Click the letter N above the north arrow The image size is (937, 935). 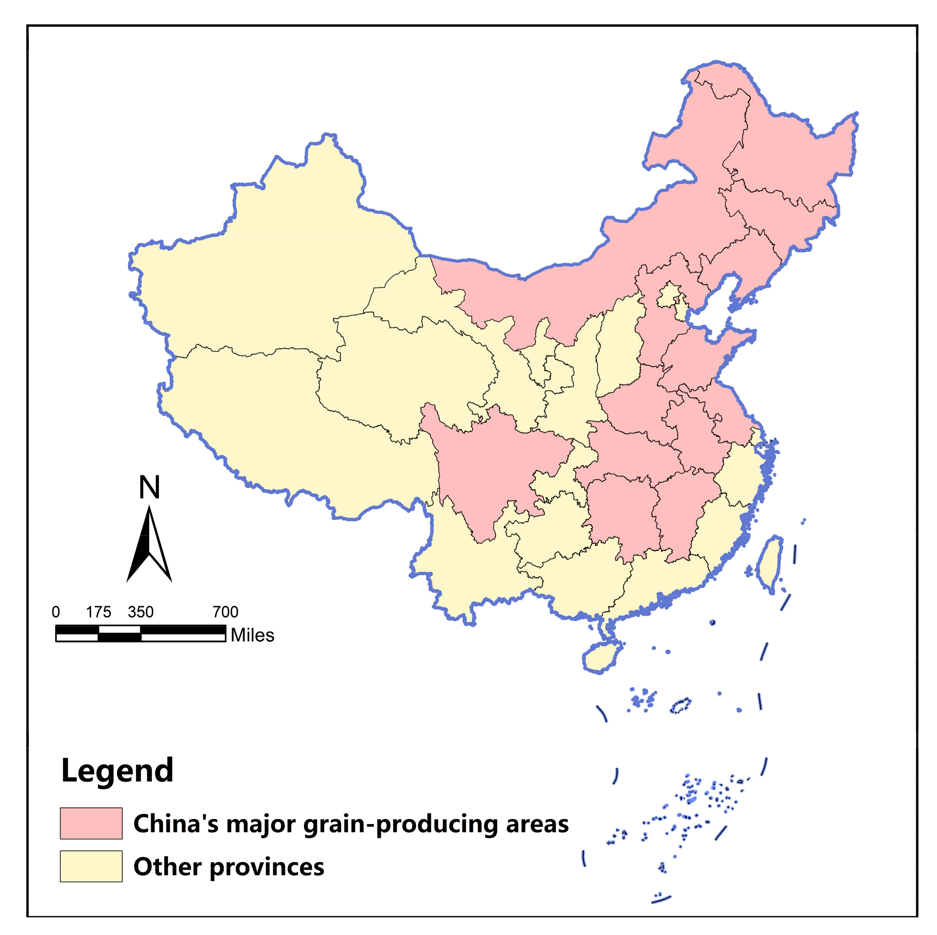[149, 487]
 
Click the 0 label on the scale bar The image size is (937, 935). [56, 612]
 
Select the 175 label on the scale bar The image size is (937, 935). [99, 612]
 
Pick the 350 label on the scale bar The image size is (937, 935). [140, 612]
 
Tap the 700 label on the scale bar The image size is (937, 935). [225, 612]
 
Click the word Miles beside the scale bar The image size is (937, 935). [252, 635]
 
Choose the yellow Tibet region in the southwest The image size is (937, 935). [291, 422]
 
